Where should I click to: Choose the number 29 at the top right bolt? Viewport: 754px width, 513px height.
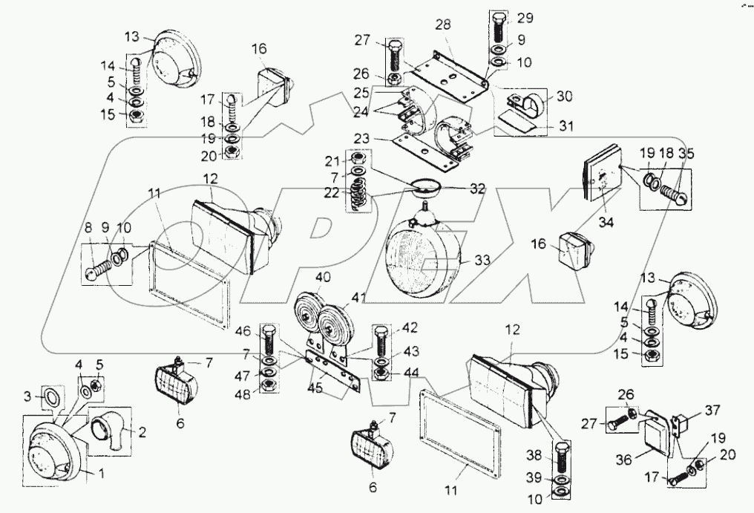point(525,17)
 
